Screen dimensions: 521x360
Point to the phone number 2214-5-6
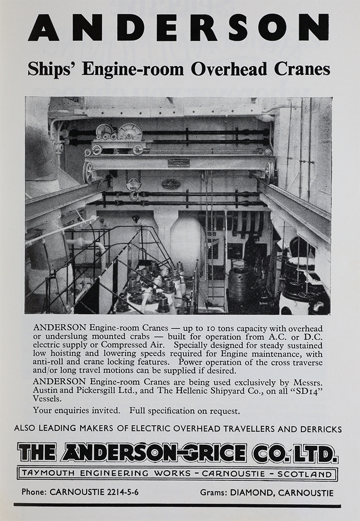120,492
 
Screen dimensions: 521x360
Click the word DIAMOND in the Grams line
252,493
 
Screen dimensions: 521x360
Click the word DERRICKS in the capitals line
319,429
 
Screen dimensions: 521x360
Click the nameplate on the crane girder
179,162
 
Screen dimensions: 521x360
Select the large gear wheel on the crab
129,132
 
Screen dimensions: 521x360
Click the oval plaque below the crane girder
171,184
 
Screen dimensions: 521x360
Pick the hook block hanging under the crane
134,185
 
